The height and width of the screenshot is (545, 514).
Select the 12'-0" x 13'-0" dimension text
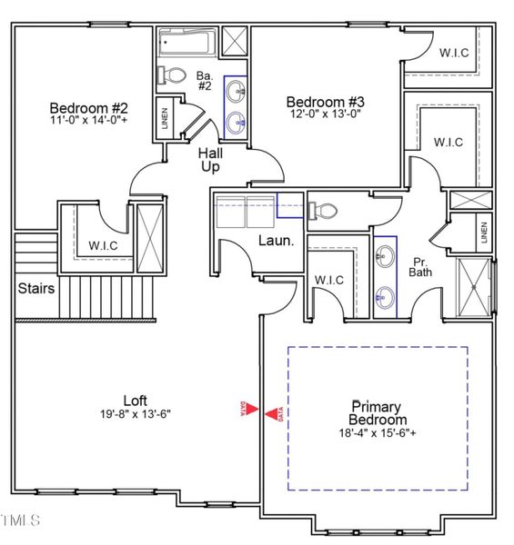tap(326, 114)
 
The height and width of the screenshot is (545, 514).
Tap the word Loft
tap(136, 400)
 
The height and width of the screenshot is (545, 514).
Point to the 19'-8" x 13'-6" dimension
tap(136, 413)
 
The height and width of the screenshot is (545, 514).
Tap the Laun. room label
tap(276, 242)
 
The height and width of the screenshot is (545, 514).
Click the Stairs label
tap(35, 289)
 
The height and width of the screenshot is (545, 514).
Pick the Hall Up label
tap(211, 160)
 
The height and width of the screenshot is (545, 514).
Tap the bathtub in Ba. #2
tap(188, 43)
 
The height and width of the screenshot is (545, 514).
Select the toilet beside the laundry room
tap(323, 211)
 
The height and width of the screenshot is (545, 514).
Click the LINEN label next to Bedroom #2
tap(165, 118)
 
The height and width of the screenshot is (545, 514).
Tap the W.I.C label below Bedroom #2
tap(102, 244)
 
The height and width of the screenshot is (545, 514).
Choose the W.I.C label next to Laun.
tap(328, 280)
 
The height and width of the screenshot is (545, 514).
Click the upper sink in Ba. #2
tap(236, 90)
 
